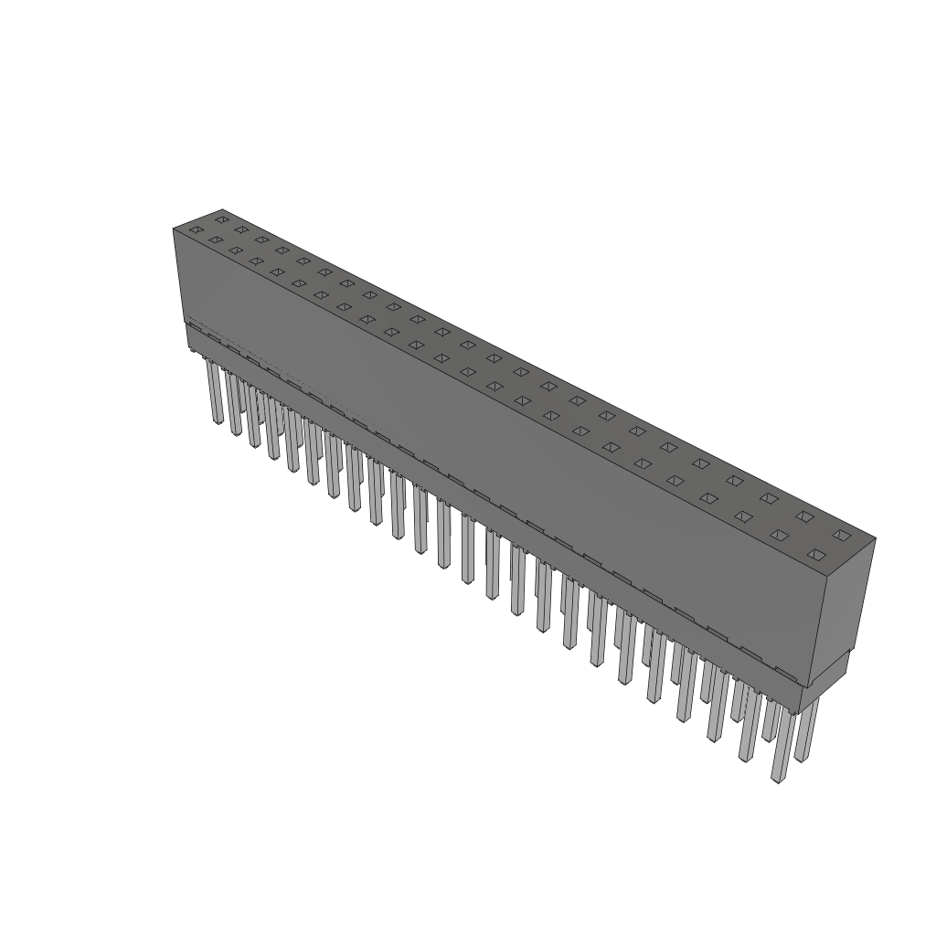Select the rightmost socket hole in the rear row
(x=842, y=535)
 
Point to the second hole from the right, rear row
(x=804, y=516)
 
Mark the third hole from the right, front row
(x=744, y=516)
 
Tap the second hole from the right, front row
(x=780, y=535)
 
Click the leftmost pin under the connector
(x=216, y=393)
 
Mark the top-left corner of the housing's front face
(x=174, y=229)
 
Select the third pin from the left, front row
(x=252, y=417)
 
